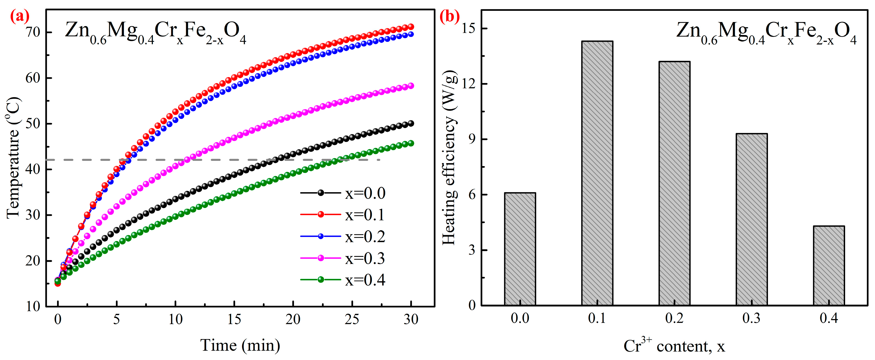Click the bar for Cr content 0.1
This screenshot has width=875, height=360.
pyautogui.click(x=597, y=173)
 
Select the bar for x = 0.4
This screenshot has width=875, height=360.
pyautogui.click(x=829, y=266)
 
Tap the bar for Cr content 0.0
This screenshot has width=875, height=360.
pyautogui.click(x=520, y=249)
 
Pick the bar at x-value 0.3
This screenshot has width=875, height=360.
pyautogui.click(x=751, y=219)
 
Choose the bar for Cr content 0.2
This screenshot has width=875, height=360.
pyautogui.click(x=674, y=184)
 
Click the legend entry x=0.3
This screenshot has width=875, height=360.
pyautogui.click(x=365, y=258)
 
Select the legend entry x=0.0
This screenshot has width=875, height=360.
pyautogui.click(x=365, y=193)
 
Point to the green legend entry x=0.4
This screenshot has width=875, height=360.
pyautogui.click(x=365, y=280)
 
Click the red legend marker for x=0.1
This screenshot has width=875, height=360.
pyautogui.click(x=320, y=215)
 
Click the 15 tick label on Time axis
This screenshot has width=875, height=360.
pyautogui.click(x=234, y=319)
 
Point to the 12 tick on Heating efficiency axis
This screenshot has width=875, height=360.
pyautogui.click(x=468, y=84)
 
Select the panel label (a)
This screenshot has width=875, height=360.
pyautogui.click(x=20, y=16)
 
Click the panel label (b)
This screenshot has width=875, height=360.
pyautogui.click(x=449, y=16)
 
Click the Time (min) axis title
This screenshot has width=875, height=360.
pyautogui.click(x=240, y=345)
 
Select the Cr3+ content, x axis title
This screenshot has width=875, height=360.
pyautogui.click(x=674, y=346)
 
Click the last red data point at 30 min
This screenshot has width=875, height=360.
pyautogui.click(x=411, y=27)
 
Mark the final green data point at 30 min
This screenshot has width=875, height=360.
pyautogui.click(x=411, y=143)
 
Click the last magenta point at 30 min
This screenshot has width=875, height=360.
pyautogui.click(x=411, y=86)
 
